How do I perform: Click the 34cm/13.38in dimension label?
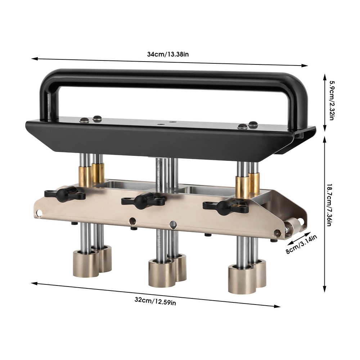168,55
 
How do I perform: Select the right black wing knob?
226,208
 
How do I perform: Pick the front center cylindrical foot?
162,273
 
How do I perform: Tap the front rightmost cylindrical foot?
241,279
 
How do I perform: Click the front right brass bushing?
243,187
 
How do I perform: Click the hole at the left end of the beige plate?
39,214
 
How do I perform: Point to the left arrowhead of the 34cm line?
33,58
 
